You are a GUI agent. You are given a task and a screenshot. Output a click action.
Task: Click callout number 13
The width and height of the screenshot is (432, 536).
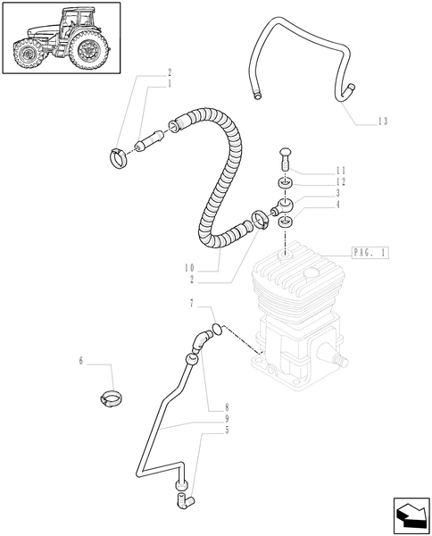tap(383, 122)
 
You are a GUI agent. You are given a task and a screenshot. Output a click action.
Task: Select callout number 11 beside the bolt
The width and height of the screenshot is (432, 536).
tap(316, 170)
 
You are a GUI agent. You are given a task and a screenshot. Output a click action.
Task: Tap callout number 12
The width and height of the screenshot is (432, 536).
tap(316, 181)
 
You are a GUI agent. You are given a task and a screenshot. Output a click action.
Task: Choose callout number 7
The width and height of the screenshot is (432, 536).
tap(193, 305)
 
